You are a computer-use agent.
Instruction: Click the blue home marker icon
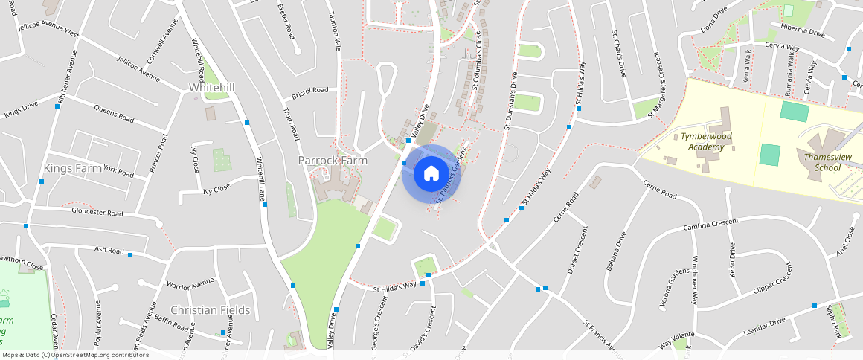tap(431, 174)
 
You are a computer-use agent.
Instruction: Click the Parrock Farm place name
tap(333, 160)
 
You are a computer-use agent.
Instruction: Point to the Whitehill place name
tap(212, 88)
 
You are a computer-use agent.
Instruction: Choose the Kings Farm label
tap(72, 168)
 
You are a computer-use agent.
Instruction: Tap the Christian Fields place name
tap(211, 309)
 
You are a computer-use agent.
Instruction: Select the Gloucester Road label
tap(97, 213)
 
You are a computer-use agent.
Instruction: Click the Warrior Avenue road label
tap(190, 284)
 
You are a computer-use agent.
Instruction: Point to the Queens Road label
tap(114, 113)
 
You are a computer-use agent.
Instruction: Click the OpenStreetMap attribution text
tap(75, 355)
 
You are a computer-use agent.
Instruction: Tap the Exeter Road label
tap(286, 21)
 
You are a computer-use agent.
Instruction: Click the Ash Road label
tap(109, 250)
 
